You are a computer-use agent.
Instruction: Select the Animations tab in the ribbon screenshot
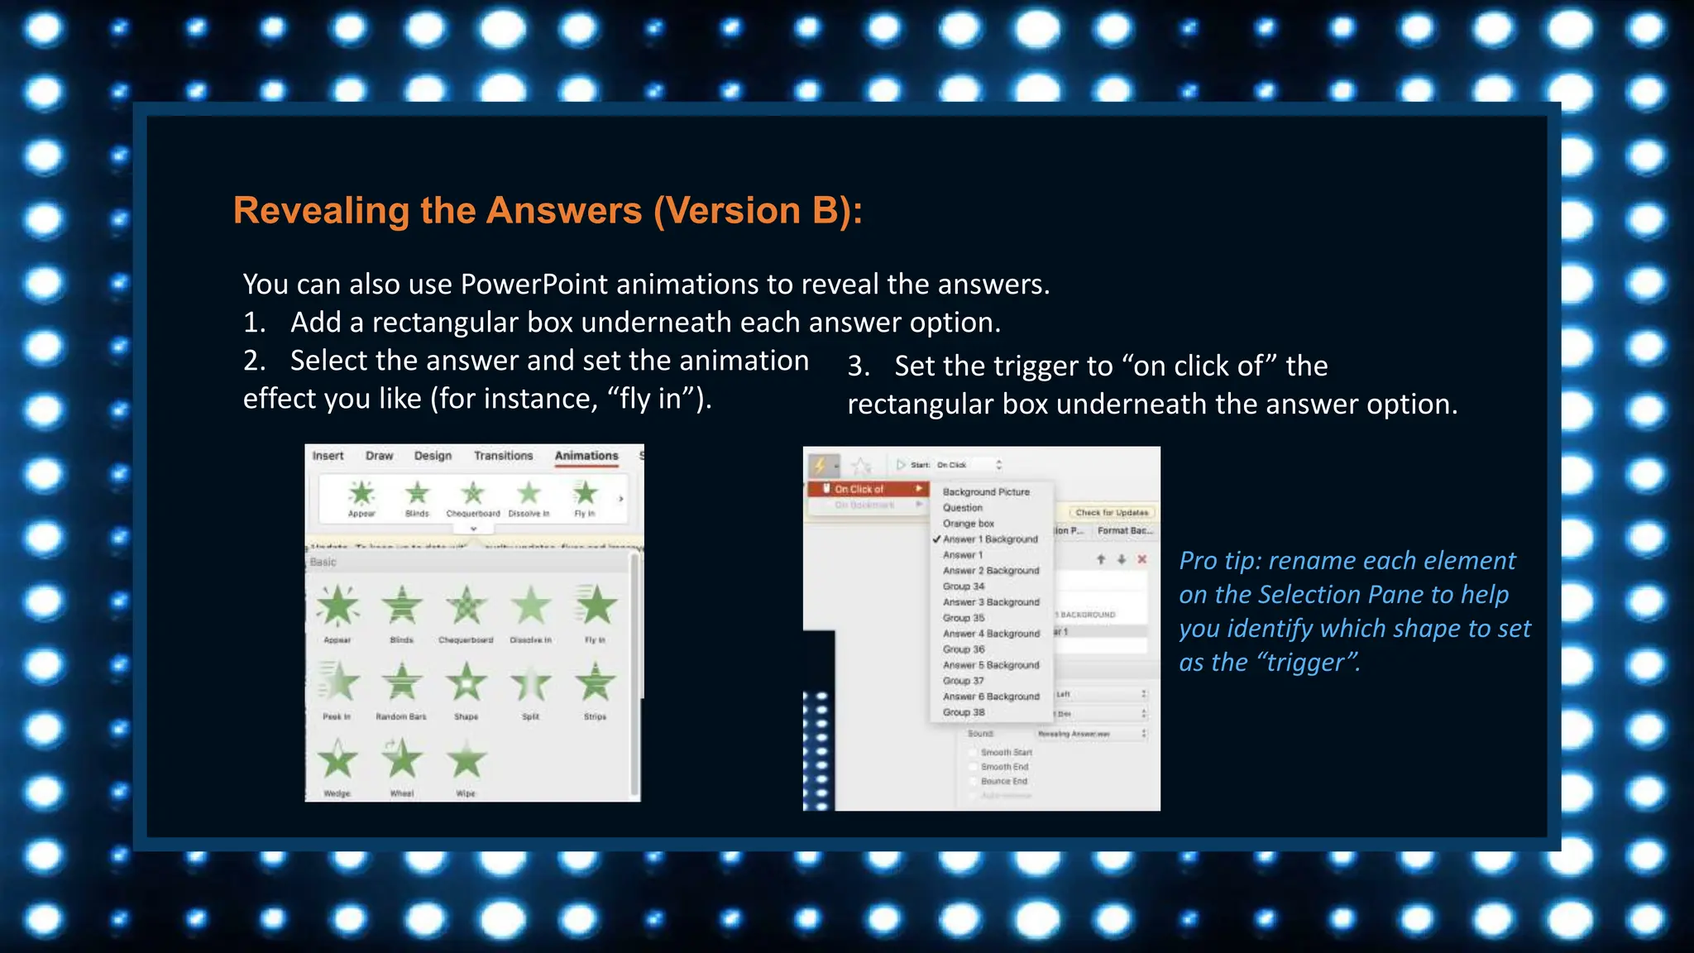[586, 456]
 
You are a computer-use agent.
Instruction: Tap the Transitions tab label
[503, 456]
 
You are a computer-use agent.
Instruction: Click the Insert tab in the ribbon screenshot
[328, 456]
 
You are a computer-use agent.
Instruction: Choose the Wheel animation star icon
[402, 759]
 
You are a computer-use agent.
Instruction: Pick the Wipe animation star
[467, 760]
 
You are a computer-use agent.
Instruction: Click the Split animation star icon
[531, 683]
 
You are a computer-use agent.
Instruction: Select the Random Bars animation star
[402, 683]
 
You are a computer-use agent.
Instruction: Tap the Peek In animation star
[337, 683]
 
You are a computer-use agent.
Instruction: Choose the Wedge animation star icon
[337, 760]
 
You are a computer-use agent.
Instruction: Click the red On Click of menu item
[860, 489]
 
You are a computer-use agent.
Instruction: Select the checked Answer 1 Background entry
[990, 539]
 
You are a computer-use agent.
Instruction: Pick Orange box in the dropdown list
[969, 524]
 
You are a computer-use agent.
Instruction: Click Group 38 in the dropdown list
[964, 712]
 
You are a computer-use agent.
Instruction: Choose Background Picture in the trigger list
[986, 492]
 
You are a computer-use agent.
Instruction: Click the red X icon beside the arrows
[1142, 559]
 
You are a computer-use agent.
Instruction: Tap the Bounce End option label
[1004, 781]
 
